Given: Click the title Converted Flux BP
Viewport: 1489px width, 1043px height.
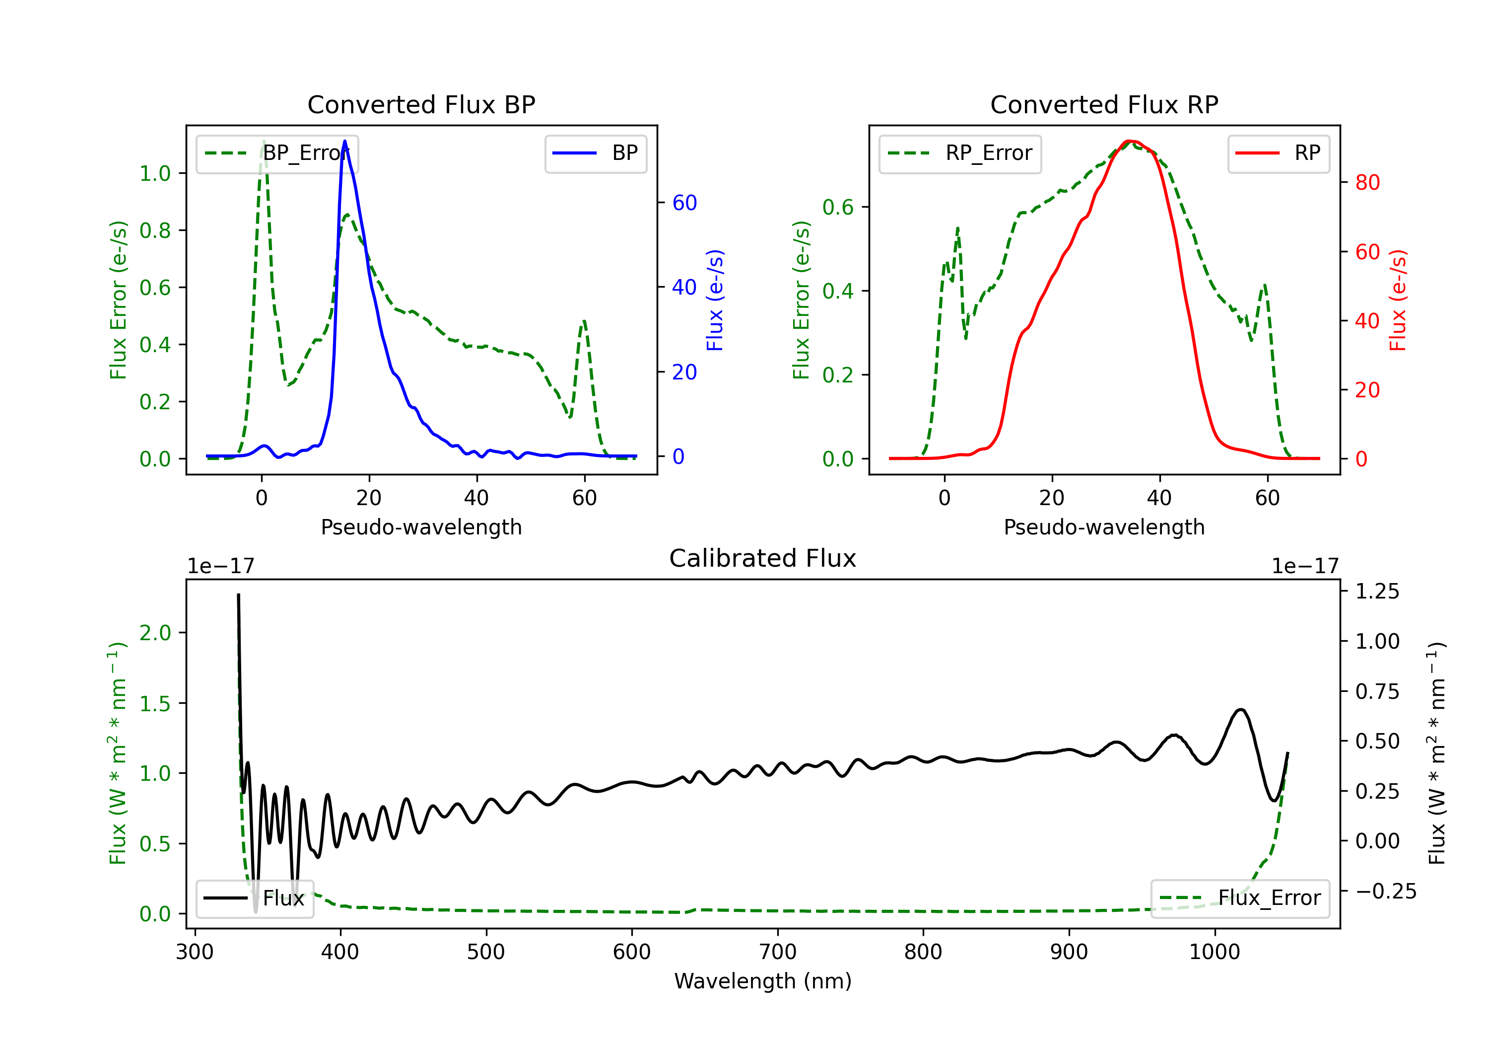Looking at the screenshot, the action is click(421, 104).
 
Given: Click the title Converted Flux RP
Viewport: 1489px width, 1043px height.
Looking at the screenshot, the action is click(1104, 104).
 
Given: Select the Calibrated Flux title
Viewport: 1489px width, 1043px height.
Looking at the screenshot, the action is click(763, 558).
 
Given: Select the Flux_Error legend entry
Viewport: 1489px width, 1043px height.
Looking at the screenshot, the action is click(1240, 898).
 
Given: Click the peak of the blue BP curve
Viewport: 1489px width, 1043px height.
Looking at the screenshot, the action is click(344, 141).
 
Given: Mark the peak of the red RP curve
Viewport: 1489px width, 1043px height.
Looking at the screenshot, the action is click(1130, 141).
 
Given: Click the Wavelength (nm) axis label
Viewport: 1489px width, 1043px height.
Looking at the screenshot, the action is click(763, 981).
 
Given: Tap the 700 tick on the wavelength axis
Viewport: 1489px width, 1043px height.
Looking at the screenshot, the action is click(778, 952).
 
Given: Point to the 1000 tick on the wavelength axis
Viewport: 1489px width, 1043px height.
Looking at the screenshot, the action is click(1215, 952).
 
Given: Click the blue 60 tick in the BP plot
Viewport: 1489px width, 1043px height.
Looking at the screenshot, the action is click(685, 203).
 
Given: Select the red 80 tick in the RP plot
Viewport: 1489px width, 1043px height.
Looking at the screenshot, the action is click(1368, 182).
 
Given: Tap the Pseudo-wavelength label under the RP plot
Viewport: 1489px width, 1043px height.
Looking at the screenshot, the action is click(1104, 527).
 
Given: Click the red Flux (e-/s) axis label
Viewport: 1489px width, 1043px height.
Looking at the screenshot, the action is click(1398, 300).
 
